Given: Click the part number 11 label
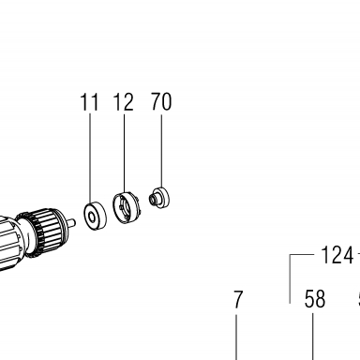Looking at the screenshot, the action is [89, 102].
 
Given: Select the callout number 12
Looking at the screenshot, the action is [124, 102].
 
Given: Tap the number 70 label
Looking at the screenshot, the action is [161, 101].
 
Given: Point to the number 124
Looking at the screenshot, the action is [337, 255].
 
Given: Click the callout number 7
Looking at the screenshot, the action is [238, 299].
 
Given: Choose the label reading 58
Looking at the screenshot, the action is [315, 299].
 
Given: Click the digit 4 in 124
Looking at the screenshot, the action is [348, 255].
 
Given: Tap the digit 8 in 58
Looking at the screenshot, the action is [321, 299].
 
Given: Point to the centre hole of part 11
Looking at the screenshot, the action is [91, 217].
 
